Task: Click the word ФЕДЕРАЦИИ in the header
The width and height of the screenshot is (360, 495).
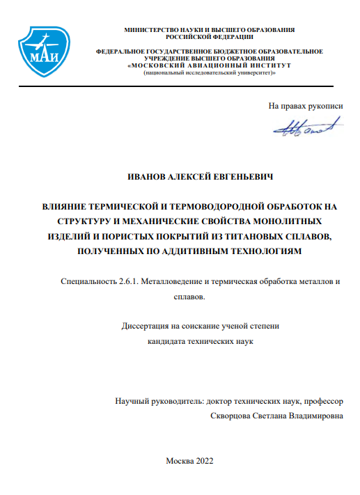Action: tap(226, 37)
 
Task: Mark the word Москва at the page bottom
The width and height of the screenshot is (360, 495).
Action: tap(178, 460)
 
